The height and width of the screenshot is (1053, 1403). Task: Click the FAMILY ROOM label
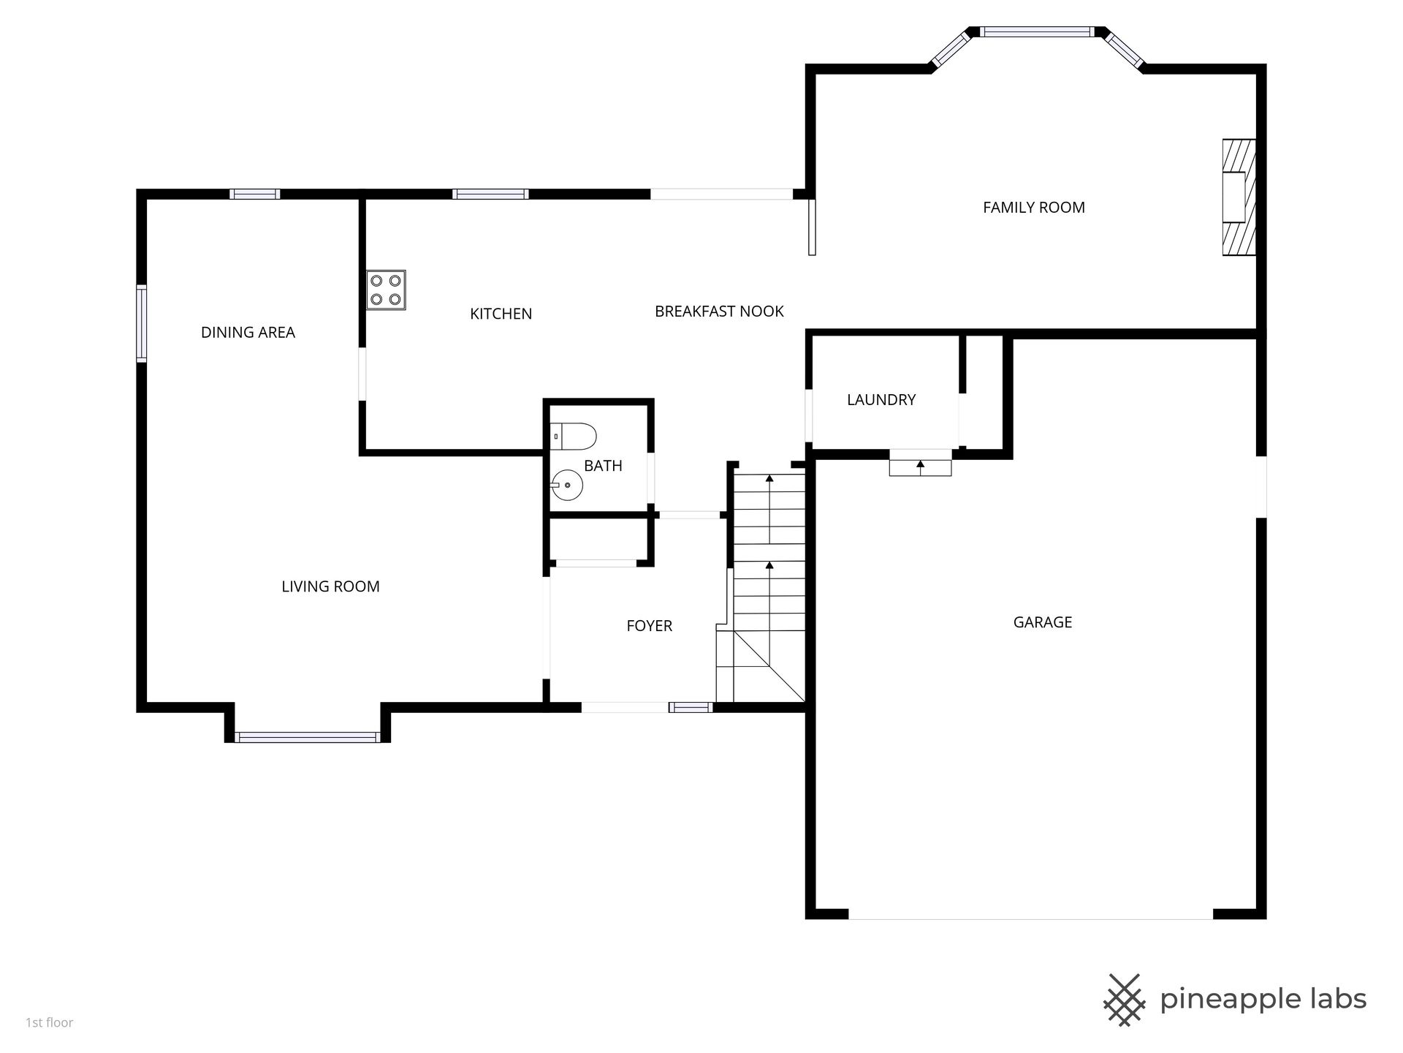coord(1033,208)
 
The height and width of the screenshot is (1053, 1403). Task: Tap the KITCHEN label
coord(501,314)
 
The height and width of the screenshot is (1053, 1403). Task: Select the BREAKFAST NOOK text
coord(719,312)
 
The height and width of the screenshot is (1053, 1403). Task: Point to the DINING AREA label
coord(248,333)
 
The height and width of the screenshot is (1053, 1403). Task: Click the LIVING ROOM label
coord(330,586)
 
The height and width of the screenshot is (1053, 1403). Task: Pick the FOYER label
coord(649,626)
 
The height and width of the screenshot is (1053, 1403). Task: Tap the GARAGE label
coord(1042,622)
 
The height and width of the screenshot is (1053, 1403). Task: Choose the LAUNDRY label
coord(881,400)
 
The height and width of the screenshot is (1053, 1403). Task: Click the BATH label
coord(603,466)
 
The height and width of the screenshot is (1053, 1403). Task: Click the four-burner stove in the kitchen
coord(386,290)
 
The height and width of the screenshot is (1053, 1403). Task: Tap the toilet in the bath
coord(573,437)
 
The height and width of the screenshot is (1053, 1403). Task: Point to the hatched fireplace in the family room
coord(1239,197)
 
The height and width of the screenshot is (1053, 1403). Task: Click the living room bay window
coord(308,737)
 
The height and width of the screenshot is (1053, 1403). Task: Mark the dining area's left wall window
coord(142,323)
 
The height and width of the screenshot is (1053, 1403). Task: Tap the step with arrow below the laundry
coord(920,467)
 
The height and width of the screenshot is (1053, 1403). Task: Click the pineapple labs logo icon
coord(1125,1000)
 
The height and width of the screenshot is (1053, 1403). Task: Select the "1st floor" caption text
coord(50,1023)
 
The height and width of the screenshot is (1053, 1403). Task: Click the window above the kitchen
coord(490,194)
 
